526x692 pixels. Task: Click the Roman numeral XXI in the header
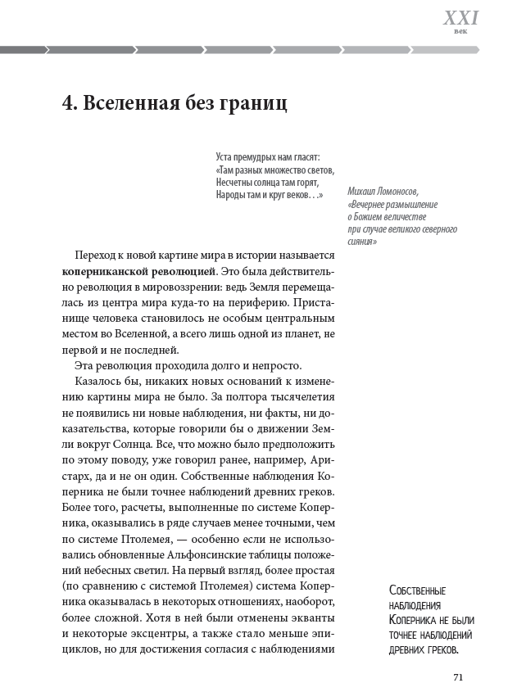click(x=460, y=18)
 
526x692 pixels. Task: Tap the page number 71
click(x=459, y=676)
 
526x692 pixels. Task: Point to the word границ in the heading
click(x=253, y=105)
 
